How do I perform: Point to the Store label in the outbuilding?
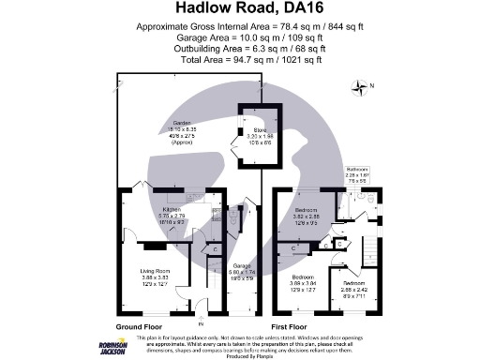pyautogui.click(x=260, y=135)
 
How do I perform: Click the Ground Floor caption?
pyautogui.click(x=138, y=326)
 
